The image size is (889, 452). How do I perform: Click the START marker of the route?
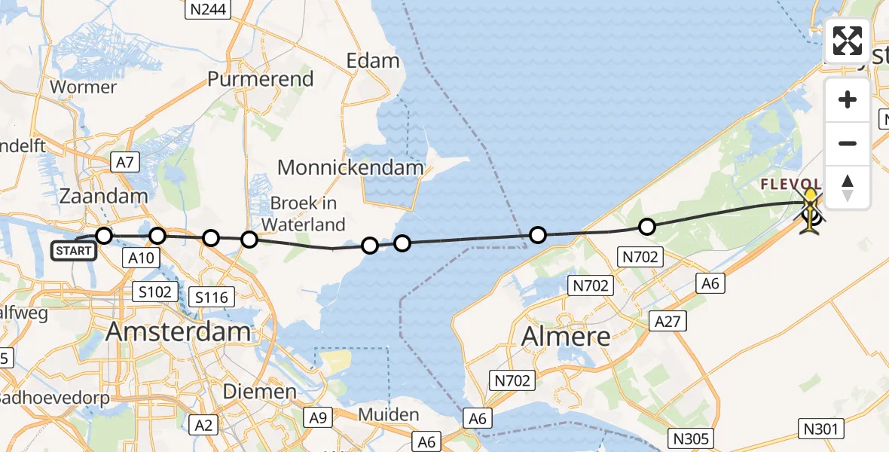74,250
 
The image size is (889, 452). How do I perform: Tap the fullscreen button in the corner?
848,41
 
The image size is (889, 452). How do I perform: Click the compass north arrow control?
848,188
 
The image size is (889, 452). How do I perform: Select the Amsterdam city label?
179,331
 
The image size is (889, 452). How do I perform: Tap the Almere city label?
566,336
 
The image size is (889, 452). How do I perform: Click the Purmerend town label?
261,79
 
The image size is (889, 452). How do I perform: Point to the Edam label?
372,61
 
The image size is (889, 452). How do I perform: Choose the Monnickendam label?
351,167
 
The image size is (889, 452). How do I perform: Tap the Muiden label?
389,414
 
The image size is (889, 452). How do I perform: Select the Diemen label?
260,392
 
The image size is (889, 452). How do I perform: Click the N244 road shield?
208,10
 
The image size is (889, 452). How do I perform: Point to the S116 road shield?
211,297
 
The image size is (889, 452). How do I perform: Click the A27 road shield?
668,322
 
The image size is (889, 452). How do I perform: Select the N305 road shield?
692,439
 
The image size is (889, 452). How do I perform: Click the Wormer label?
84,87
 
